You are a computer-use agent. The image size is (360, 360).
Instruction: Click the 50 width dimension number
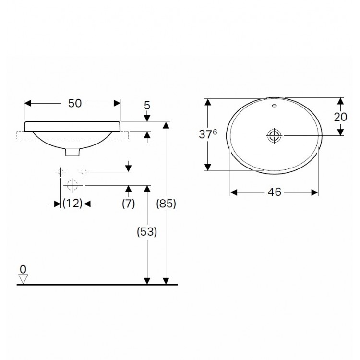click(75, 103)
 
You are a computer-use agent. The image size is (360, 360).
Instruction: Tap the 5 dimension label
click(147, 106)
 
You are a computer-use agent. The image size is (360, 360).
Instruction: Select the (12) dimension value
click(72, 203)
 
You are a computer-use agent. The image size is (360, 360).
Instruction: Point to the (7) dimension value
click(128, 203)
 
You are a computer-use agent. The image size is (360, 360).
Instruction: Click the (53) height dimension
click(147, 232)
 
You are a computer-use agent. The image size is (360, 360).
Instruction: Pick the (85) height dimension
click(166, 203)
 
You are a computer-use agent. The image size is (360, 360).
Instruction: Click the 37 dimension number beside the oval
click(205, 134)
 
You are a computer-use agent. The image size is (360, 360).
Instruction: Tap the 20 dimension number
click(340, 117)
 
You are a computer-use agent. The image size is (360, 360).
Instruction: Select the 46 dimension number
click(275, 192)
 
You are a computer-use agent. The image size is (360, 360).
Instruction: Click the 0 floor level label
click(23, 269)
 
